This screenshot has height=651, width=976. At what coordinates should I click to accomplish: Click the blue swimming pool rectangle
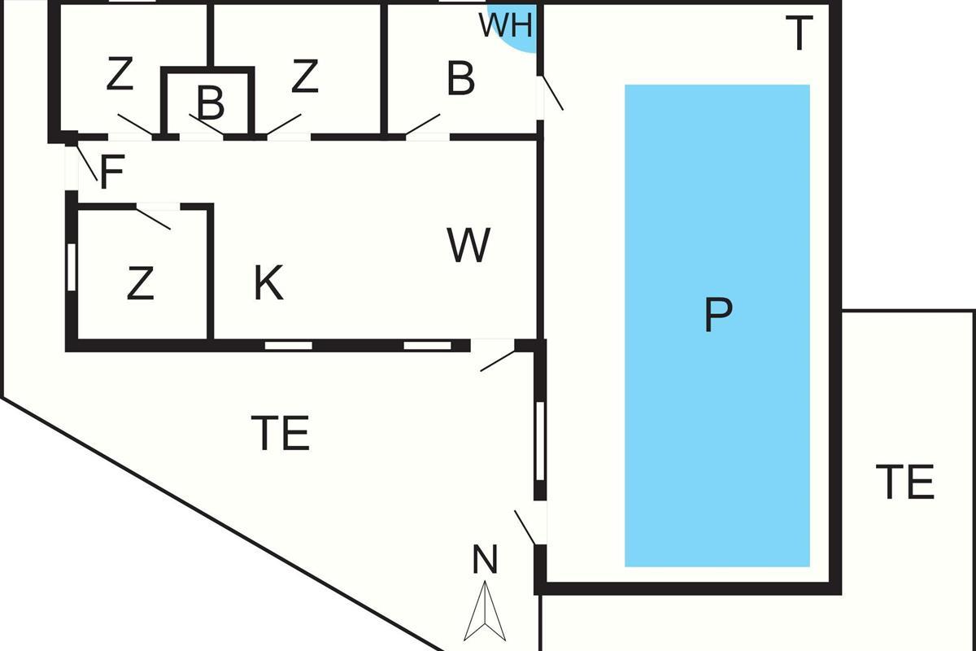[717, 325]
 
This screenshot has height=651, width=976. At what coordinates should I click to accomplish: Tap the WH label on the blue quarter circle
[505, 25]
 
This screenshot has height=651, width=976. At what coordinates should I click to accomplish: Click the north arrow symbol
[485, 611]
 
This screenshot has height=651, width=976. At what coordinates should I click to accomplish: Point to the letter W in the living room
[468, 245]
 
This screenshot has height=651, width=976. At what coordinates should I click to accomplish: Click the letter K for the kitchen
[268, 282]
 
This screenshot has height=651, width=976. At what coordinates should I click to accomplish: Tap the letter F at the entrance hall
[112, 172]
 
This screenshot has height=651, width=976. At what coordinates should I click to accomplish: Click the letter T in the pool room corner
[799, 33]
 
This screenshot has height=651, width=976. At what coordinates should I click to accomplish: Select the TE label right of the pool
[905, 482]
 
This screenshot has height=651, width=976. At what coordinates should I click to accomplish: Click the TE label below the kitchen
[281, 433]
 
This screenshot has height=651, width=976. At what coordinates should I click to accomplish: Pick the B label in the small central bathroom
[211, 103]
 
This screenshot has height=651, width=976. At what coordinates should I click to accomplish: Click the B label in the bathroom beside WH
[460, 78]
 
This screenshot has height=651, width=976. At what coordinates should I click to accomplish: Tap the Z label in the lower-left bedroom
[140, 283]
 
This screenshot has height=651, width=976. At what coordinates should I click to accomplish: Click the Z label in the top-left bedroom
[120, 74]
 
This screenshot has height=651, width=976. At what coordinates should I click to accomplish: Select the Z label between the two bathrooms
[304, 76]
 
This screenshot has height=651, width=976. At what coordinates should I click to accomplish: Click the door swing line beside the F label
[87, 160]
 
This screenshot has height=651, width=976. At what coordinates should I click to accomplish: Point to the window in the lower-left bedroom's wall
[72, 267]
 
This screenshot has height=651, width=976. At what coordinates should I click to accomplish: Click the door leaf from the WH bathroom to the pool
[551, 93]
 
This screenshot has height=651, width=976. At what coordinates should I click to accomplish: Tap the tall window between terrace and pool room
[540, 441]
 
